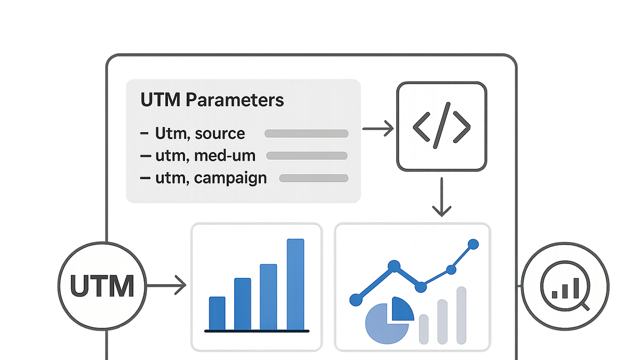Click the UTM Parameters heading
click(x=212, y=100)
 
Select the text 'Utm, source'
click(x=200, y=133)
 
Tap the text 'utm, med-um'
click(x=205, y=156)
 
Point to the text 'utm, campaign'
click(x=211, y=179)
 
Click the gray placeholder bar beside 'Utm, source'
click(x=306, y=133)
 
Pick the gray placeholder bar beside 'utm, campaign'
click(x=314, y=178)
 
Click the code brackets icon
click(x=442, y=126)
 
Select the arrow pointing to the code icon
click(x=378, y=129)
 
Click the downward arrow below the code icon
click(x=442, y=197)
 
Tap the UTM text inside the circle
click(x=102, y=286)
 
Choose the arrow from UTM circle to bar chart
click(x=166, y=285)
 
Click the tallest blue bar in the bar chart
click(x=295, y=284)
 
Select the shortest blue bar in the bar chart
click(x=217, y=313)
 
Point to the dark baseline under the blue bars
click(x=257, y=331)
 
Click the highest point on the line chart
click(x=473, y=244)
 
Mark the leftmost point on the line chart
click(x=356, y=300)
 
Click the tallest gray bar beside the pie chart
click(x=461, y=315)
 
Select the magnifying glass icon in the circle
click(x=565, y=286)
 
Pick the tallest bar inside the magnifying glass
click(x=576, y=288)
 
